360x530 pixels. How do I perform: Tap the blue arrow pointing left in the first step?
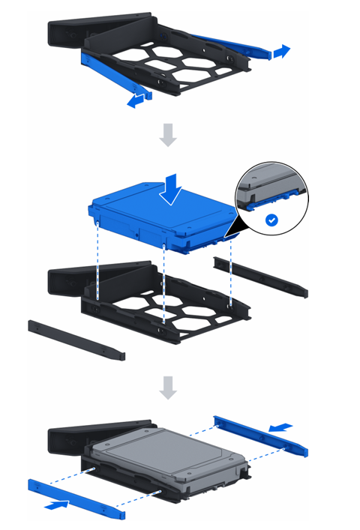pos(136,101)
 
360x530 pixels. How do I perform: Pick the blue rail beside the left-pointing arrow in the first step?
pos(112,74)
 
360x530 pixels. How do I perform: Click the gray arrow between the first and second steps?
pos(169,135)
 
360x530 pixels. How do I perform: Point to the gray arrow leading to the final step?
pos(169,387)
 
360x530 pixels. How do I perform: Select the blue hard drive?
pos(161,217)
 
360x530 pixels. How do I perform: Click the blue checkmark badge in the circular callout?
pos(271,220)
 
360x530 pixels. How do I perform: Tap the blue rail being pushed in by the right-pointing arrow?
pos(75,499)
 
